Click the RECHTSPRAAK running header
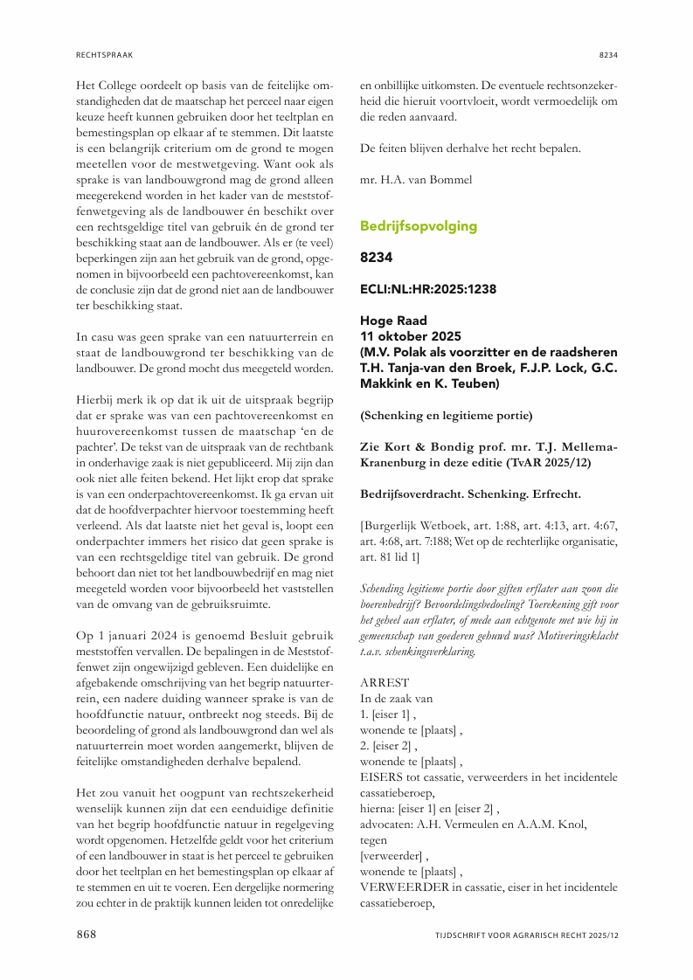tap(104, 54)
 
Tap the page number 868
tap(86, 934)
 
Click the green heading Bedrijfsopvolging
tap(419, 226)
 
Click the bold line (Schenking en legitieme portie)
tap(446, 416)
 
